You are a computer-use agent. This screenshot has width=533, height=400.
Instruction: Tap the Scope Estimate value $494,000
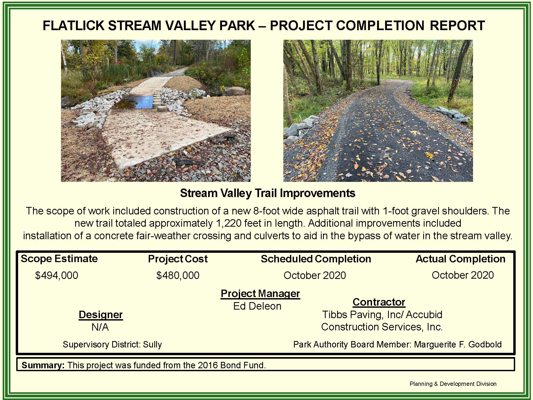click(x=56, y=275)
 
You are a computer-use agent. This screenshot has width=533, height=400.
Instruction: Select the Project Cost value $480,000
click(x=178, y=275)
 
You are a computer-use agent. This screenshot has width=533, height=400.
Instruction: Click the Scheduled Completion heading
click(x=316, y=259)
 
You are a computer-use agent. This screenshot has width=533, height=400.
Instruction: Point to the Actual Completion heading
click(x=461, y=259)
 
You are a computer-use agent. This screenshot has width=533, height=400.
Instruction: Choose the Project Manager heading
click(x=260, y=294)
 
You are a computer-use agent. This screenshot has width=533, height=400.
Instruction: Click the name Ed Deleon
click(x=257, y=306)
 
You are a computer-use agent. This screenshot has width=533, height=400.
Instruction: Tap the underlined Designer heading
click(x=100, y=315)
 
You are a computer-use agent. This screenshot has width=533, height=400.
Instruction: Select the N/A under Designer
click(x=100, y=327)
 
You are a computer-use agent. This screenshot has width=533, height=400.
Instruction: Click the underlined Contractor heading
click(x=379, y=302)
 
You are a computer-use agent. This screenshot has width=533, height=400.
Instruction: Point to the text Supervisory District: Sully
click(x=112, y=345)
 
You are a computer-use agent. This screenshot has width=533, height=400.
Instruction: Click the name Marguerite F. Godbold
click(x=458, y=345)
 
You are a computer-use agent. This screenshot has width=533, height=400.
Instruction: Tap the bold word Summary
click(x=43, y=365)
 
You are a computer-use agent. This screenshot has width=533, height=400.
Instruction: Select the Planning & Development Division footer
click(x=453, y=384)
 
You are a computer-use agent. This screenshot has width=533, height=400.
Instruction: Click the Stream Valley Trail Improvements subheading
click(x=268, y=193)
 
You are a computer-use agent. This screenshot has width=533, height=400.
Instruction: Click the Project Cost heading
click(x=178, y=259)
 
